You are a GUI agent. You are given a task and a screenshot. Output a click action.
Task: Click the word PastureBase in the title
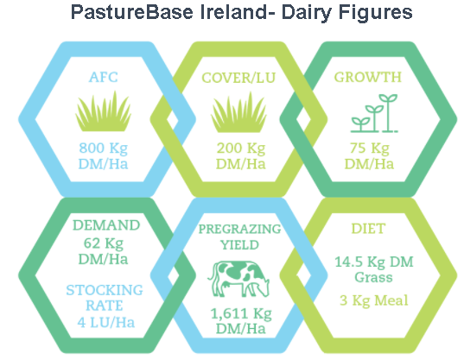[x=131, y=12]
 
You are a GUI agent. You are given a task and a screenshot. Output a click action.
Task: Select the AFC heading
[x=104, y=78]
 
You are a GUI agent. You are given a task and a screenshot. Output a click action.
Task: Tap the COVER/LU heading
[x=238, y=78]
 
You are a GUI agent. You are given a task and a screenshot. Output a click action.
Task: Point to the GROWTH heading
[x=368, y=78]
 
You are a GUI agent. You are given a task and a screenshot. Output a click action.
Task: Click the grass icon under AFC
[x=104, y=111]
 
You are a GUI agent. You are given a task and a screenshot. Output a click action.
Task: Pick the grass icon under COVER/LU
[x=238, y=111]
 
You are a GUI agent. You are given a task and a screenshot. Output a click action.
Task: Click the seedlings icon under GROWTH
[x=374, y=113]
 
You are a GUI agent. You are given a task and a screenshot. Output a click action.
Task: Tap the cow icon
[x=238, y=279]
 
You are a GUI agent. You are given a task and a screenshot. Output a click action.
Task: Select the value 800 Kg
[x=104, y=148]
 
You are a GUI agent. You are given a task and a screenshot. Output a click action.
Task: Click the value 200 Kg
[x=241, y=148]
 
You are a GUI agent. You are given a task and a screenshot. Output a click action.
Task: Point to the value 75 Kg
[x=369, y=148]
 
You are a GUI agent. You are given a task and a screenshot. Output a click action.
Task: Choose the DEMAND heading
[x=106, y=225]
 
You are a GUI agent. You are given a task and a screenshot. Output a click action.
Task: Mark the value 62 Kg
[x=104, y=243]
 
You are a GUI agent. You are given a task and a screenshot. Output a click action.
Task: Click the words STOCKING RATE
[x=105, y=298]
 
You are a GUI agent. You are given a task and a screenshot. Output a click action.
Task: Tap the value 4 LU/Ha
[x=106, y=323]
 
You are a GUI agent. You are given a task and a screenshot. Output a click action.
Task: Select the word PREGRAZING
[x=239, y=229]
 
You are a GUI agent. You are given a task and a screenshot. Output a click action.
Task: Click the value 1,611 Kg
[x=241, y=314]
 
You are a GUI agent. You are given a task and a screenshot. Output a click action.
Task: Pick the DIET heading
[x=368, y=229]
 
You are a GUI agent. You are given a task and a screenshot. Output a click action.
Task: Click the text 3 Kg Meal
[x=374, y=301]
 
